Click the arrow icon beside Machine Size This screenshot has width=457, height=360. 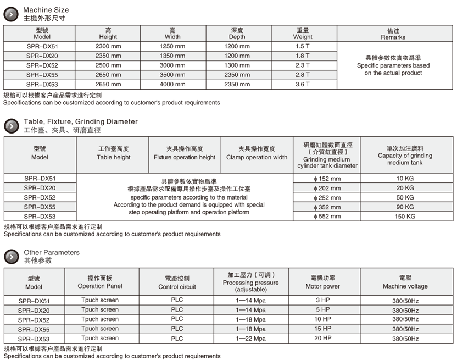coord(11,14)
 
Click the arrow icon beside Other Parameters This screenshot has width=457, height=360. coord(11,257)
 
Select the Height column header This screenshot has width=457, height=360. coord(108,34)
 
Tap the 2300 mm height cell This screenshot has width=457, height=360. coord(108,47)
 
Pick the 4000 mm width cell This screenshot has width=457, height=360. coord(172,84)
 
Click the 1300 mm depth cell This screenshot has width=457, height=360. coord(237,65)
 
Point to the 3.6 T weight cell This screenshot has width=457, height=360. coord(303,84)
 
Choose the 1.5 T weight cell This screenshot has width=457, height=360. coord(303,47)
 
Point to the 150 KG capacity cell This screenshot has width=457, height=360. coord(405,216)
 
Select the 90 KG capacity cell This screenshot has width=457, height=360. coord(405,207)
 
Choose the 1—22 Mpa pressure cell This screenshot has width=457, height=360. coord(250,339)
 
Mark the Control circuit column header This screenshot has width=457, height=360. coord(177,283)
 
